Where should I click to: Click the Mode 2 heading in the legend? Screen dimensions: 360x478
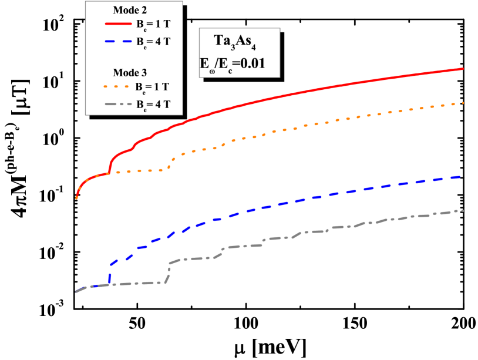click(130, 10)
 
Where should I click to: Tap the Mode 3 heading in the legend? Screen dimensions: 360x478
click(130, 73)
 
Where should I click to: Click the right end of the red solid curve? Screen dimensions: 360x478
click(463, 69)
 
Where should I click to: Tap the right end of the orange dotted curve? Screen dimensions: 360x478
click(463, 103)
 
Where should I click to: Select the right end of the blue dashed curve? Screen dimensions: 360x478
click(463, 176)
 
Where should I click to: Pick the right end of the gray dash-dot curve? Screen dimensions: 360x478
click(463, 210)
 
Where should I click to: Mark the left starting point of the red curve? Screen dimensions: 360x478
click(76, 198)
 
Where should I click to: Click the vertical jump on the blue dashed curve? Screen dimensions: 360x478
click(110, 275)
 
